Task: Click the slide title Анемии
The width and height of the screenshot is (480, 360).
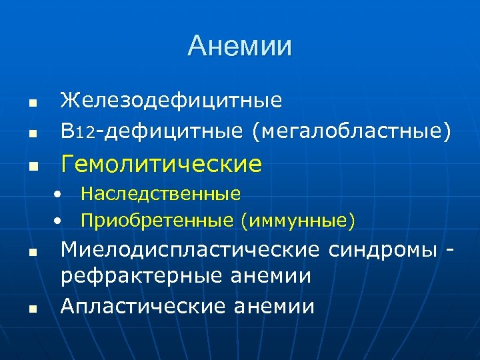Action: pos(239,46)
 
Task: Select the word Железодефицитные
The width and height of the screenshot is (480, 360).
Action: pos(171,101)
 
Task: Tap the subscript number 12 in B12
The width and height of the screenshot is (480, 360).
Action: pos(85,133)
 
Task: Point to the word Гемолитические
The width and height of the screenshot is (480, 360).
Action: pos(161,163)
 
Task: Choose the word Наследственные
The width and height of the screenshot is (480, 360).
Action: pos(161,194)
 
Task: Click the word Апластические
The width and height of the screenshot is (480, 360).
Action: pos(143,306)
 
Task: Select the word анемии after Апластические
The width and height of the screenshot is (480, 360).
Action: pos(274,306)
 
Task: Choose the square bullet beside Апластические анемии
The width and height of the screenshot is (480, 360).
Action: pos(31,309)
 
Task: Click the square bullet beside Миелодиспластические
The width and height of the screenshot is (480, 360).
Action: pos(31,253)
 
